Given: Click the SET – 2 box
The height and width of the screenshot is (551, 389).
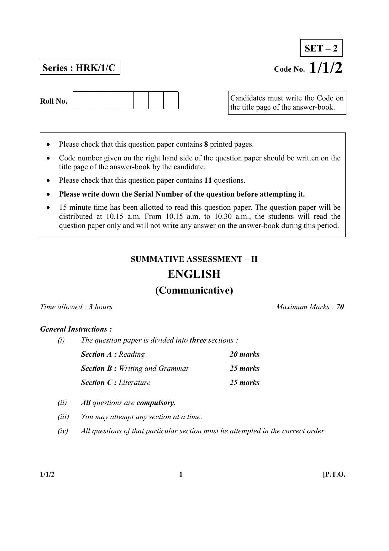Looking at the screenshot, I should (321, 48).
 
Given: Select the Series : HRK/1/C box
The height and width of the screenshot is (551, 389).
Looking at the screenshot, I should (80, 68).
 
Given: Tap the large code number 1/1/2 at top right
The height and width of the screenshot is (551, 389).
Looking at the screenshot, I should (326, 68).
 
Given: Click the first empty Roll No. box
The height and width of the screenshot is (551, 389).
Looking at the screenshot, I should (81, 100).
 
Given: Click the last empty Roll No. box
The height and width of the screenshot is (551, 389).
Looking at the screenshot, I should (171, 100).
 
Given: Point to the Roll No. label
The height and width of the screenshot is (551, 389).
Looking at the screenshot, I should (54, 101).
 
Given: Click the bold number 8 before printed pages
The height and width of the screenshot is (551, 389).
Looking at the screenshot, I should (206, 144).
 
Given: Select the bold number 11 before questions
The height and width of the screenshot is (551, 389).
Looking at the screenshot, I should (208, 181).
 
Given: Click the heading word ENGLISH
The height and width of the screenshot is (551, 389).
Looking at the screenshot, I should (194, 274).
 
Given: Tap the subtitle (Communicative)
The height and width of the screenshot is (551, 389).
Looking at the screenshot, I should (194, 290).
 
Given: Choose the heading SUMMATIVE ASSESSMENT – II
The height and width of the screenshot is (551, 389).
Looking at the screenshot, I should (194, 259).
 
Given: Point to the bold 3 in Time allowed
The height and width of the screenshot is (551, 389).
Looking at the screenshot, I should (91, 307).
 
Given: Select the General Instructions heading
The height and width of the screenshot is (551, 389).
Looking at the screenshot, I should (76, 329).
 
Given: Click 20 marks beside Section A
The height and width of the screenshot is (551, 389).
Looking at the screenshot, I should (244, 354).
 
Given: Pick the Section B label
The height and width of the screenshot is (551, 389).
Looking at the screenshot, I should (99, 369).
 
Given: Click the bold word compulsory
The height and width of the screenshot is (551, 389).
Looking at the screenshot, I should (156, 403).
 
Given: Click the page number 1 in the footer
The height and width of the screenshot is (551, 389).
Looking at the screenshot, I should (181, 474).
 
